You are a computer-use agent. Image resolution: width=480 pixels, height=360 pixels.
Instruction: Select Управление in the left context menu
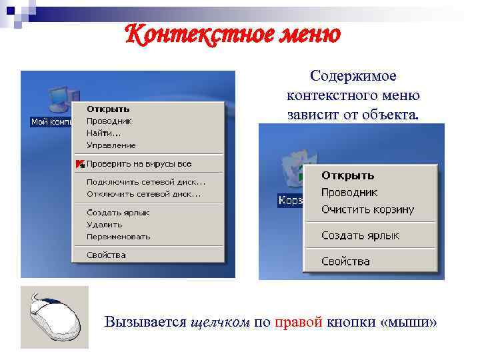(x=111, y=145)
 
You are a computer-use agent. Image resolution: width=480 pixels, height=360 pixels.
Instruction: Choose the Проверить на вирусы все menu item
(x=139, y=163)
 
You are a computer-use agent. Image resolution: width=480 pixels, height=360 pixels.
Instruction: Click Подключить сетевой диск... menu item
(x=145, y=182)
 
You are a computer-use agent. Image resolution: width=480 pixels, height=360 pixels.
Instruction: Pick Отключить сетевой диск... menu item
(x=143, y=194)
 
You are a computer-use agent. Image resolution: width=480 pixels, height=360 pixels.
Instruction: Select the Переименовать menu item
(x=118, y=237)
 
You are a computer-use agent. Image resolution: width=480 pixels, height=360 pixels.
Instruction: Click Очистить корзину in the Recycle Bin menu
(x=367, y=209)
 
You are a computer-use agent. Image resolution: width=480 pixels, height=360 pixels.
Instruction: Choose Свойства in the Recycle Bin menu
(x=345, y=261)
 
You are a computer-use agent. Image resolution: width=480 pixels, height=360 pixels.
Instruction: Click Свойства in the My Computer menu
(x=105, y=255)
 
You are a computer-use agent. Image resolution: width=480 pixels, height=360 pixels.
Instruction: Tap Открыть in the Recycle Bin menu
(x=347, y=176)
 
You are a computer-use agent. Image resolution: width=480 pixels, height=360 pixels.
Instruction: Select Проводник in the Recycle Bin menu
(x=349, y=193)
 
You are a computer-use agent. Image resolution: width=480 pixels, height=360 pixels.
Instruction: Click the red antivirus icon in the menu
(x=79, y=163)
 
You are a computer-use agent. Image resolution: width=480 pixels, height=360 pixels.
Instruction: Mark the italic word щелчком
(x=219, y=322)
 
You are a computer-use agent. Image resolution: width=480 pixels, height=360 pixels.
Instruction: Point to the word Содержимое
(x=353, y=77)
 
